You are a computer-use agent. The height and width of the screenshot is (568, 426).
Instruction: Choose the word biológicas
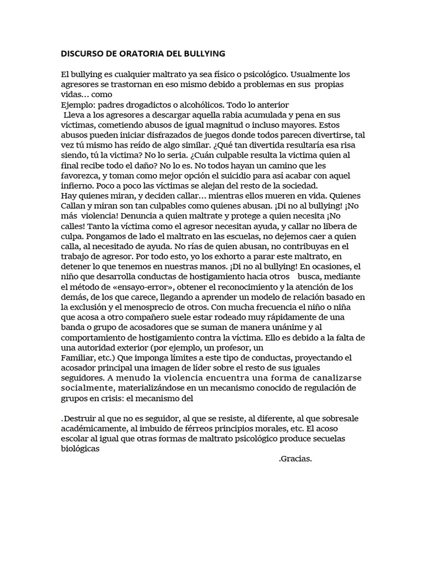(x=80, y=449)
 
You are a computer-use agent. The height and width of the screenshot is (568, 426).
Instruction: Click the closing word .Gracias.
(x=296, y=459)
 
